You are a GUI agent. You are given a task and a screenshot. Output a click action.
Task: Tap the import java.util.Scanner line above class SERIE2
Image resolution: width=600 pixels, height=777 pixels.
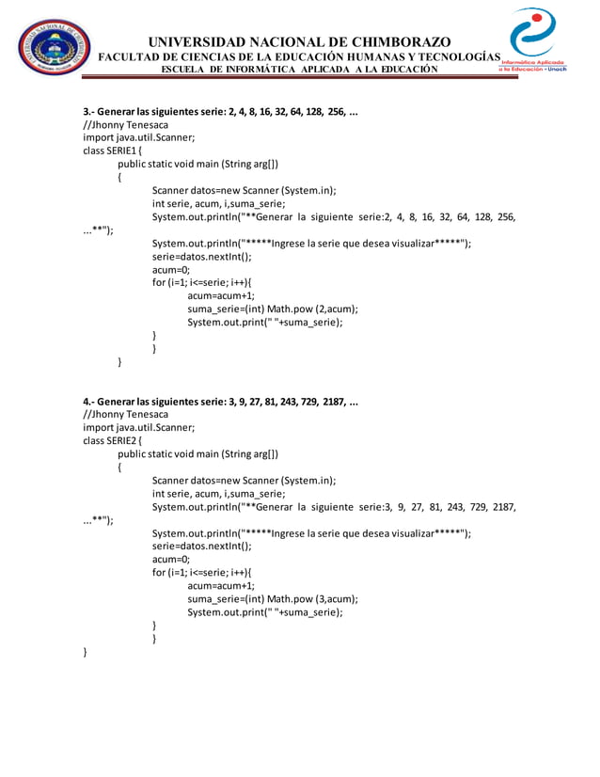click(x=139, y=426)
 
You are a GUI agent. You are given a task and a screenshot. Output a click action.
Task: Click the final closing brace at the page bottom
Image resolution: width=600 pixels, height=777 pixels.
click(x=86, y=651)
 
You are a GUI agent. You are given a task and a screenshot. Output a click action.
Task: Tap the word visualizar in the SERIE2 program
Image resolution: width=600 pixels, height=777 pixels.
click(x=407, y=532)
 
